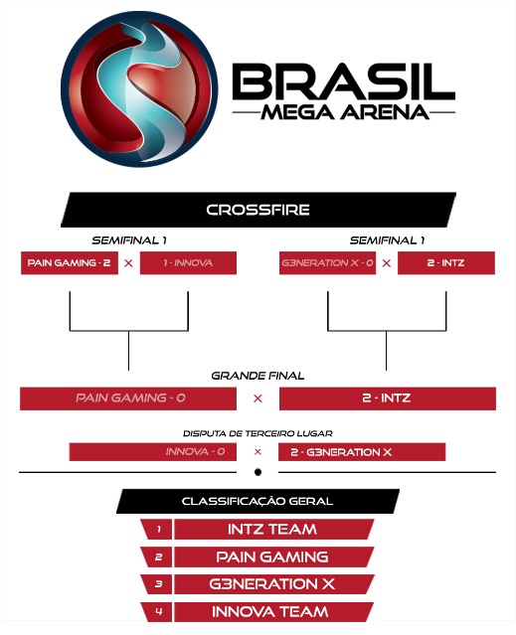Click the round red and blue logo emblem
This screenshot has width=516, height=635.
[x=139, y=89]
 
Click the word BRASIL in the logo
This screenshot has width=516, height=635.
[x=343, y=81]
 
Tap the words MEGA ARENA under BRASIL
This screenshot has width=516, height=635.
[x=345, y=112]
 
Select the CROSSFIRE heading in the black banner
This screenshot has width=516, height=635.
[x=258, y=210]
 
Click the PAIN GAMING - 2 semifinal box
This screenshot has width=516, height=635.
[x=70, y=262]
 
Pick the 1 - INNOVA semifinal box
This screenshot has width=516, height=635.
[x=188, y=262]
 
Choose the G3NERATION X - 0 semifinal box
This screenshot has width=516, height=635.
[x=327, y=262]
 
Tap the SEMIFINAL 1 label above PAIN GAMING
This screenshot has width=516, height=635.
[x=129, y=240]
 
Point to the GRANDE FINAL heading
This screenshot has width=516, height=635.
[x=258, y=376]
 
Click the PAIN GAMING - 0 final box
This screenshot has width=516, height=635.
[x=128, y=398]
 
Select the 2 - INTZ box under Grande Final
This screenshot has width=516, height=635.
[x=387, y=398]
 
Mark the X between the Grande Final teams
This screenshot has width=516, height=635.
[x=258, y=398]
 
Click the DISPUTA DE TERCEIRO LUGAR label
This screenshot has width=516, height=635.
[x=258, y=433]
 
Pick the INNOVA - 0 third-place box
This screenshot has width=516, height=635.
[x=153, y=452]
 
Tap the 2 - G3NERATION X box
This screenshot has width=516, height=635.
[x=362, y=452]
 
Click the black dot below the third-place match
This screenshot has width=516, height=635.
[x=258, y=472]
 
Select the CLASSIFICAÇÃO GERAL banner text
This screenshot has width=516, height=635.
[x=258, y=502]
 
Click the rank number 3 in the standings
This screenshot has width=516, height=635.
[x=158, y=584]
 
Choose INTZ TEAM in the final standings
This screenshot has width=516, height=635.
[x=272, y=530]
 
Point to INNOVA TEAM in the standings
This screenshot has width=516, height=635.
[x=269, y=611]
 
